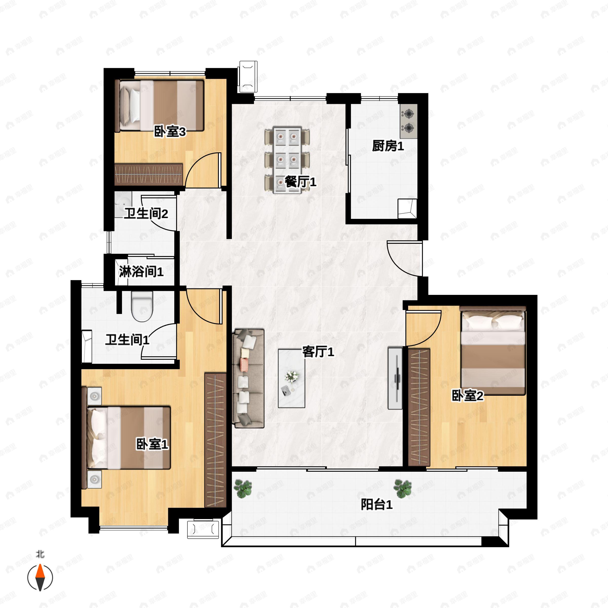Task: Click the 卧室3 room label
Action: coord(170,131)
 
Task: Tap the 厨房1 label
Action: coord(388,146)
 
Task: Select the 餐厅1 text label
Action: coord(300,182)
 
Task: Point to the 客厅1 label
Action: coord(318,352)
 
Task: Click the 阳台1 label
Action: coord(376,504)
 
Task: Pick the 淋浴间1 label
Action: coord(141,271)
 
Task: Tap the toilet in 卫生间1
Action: coord(142,306)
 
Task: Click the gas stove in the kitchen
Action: coord(408,121)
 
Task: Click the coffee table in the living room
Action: coord(291,378)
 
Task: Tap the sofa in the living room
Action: coord(248,378)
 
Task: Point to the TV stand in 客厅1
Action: coord(395,378)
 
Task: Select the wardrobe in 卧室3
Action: coord(148,174)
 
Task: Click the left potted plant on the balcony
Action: coord(243,489)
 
